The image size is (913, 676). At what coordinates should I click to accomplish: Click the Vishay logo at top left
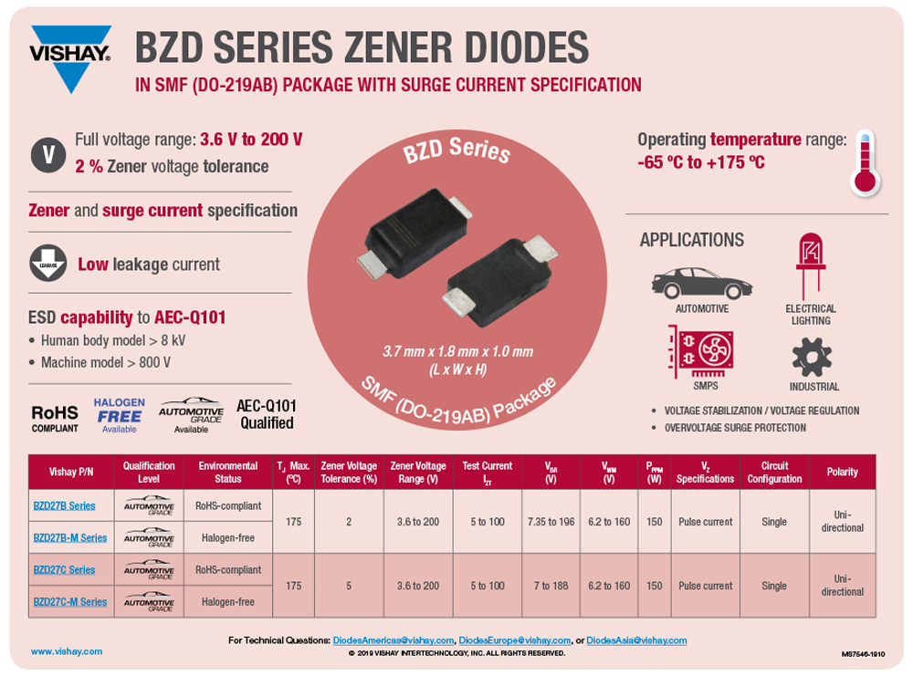click(x=70, y=57)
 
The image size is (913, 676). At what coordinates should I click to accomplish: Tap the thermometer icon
click(x=864, y=162)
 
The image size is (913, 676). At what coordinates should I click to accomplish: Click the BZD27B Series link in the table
click(x=63, y=505)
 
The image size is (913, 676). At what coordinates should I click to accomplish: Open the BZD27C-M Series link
click(x=69, y=601)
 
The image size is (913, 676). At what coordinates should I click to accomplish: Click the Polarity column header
click(x=843, y=472)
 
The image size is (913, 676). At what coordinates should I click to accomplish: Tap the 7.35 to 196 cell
click(x=551, y=521)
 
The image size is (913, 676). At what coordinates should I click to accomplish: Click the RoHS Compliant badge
click(x=55, y=418)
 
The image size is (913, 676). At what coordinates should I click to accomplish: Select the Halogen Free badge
click(x=119, y=415)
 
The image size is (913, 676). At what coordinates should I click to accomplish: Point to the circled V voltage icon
click(x=48, y=153)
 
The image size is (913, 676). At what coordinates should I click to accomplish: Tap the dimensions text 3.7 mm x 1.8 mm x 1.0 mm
click(x=457, y=351)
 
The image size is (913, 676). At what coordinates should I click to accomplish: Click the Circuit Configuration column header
click(x=774, y=472)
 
